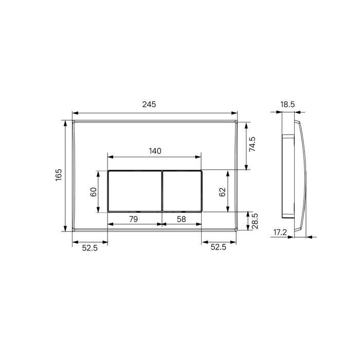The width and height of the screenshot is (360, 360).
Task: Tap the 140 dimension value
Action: click(x=155, y=151)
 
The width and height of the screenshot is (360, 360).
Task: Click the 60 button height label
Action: click(x=94, y=191)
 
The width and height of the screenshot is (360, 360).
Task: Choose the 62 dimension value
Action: click(x=222, y=192)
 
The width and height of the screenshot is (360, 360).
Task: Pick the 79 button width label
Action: click(x=133, y=219)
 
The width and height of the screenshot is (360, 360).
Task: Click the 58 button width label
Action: click(x=182, y=219)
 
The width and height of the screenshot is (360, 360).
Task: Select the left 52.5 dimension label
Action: click(x=90, y=247)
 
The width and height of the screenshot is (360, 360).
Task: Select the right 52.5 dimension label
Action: click(x=218, y=247)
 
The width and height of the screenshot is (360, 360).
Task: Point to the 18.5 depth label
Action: click(x=287, y=104)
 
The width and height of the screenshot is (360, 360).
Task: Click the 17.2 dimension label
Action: click(x=280, y=232)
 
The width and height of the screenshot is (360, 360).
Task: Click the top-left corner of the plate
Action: click(x=73, y=121)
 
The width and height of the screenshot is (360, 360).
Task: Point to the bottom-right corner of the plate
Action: click(x=237, y=230)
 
